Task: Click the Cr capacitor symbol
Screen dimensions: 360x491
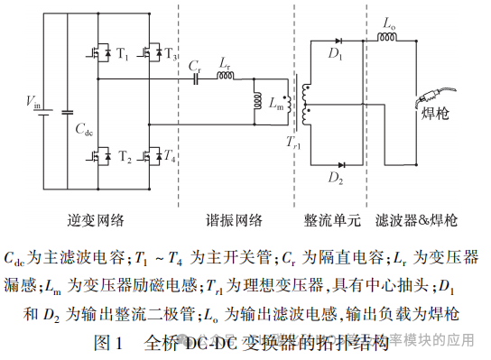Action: point(196,78)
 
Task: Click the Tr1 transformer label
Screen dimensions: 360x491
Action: point(293,143)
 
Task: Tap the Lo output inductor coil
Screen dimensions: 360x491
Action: point(385,40)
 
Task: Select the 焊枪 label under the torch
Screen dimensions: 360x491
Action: point(436,115)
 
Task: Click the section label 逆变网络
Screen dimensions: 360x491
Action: point(94,219)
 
